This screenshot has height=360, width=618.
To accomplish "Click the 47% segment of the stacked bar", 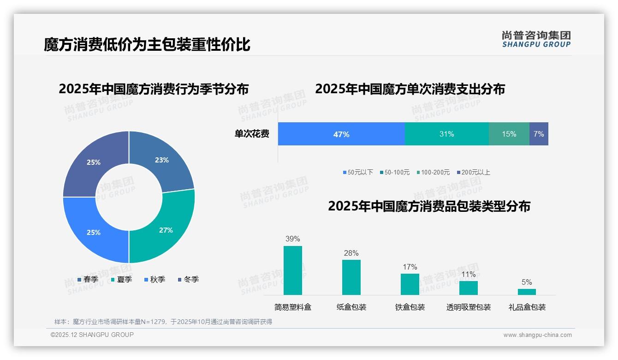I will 341,134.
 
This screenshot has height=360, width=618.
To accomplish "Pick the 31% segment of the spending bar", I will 446,134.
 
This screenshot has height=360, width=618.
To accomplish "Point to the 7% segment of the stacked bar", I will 539,134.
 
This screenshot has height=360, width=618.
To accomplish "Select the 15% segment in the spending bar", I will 509,134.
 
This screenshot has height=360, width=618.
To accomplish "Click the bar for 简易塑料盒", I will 293,270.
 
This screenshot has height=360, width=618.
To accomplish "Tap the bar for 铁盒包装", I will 410,284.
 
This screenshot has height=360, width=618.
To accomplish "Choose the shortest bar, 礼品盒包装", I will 527,292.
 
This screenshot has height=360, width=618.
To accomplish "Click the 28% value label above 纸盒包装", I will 351,253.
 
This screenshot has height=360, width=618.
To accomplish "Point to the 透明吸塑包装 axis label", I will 468,307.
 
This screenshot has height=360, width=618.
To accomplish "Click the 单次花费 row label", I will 252,134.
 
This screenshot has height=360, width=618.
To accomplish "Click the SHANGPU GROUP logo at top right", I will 536,39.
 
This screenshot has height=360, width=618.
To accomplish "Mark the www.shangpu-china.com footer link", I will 537,335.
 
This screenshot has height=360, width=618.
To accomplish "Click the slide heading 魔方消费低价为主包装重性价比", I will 147,45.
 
